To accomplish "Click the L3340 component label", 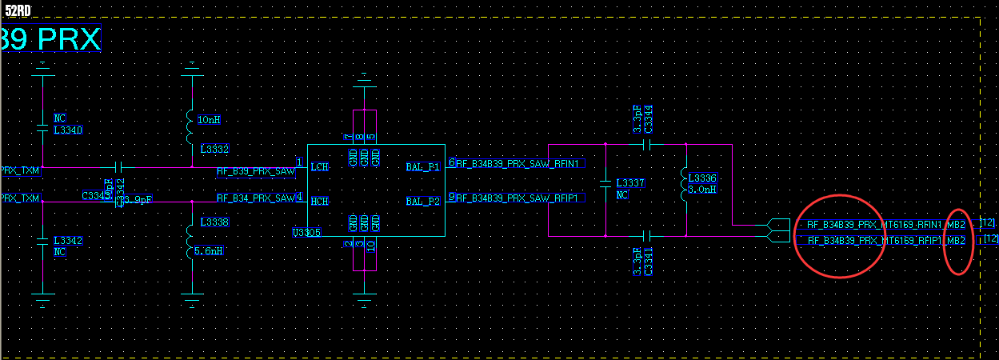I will [x=68, y=130].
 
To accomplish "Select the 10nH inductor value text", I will [x=209, y=119].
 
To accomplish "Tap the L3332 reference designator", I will [x=214, y=150].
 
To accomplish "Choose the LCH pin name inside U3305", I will [x=320, y=166].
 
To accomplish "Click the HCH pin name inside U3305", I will [x=320, y=201].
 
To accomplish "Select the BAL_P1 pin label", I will [x=423, y=166].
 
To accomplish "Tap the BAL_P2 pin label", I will [x=423, y=201].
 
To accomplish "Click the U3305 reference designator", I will [x=306, y=233].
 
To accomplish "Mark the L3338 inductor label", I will [x=214, y=222].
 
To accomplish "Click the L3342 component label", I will [x=68, y=240].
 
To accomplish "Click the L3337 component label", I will [x=630, y=183].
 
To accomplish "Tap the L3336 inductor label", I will [x=700, y=178].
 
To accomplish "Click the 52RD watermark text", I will [x=18, y=10].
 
